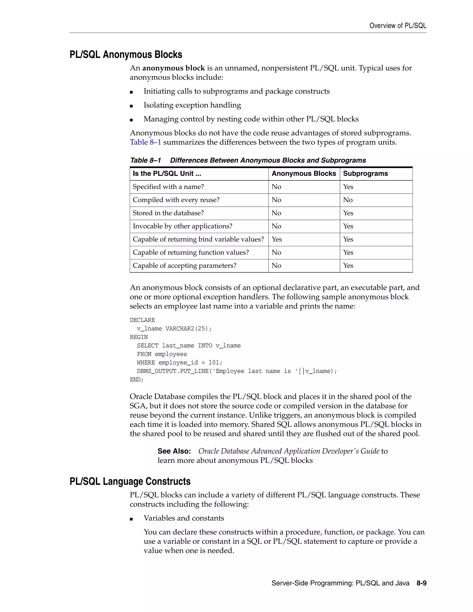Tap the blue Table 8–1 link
[x=146, y=142]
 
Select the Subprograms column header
[x=365, y=173]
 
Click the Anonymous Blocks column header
[x=304, y=173]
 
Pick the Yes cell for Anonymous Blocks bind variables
[x=276, y=239]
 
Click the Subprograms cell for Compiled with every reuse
[x=348, y=200]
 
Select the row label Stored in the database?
[x=168, y=213]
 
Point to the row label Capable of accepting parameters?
[x=184, y=266]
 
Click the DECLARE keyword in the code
[x=142, y=320]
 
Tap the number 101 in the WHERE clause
[x=214, y=363]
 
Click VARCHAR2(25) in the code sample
[x=188, y=328]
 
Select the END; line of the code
[x=136, y=380]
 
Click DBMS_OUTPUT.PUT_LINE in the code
[x=173, y=371]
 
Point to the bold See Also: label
[x=174, y=451]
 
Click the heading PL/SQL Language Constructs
[x=130, y=482]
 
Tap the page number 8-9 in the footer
[x=421, y=583]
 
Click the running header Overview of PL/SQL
[x=398, y=26]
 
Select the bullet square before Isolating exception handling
[x=131, y=106]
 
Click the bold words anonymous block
[x=173, y=68]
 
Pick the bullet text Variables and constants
[x=184, y=518]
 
